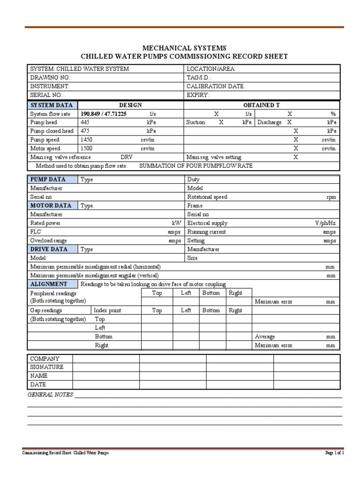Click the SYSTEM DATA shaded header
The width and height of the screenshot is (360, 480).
[x=52, y=105]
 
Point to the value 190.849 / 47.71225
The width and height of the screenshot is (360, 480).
[x=104, y=114]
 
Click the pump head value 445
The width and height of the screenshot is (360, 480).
[x=85, y=122]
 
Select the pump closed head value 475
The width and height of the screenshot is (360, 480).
[x=85, y=131]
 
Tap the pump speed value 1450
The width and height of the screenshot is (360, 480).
[x=87, y=140]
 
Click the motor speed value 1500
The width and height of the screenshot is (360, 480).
[x=87, y=148]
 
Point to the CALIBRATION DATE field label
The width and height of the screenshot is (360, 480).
[x=216, y=86]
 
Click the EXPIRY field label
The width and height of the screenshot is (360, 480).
[x=198, y=95]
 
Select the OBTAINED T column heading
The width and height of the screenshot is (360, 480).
[x=262, y=105]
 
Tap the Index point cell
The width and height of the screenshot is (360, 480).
[x=107, y=310]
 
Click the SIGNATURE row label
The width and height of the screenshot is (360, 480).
[x=46, y=367]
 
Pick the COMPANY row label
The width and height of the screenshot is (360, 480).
[x=45, y=359]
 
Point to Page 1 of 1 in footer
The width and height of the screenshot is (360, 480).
[x=335, y=453]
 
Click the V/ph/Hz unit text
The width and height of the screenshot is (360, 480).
[x=325, y=223]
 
